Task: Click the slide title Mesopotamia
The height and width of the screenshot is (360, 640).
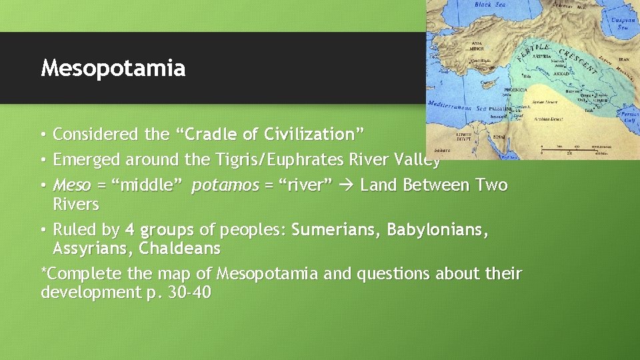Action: (113, 68)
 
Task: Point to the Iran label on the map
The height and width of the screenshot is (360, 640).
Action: (623, 59)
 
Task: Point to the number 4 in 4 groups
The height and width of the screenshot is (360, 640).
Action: (130, 231)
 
